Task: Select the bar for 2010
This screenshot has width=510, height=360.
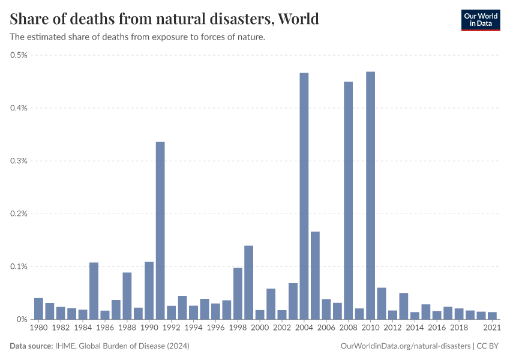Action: tap(370, 196)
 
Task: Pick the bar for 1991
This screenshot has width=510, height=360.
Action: tap(160, 230)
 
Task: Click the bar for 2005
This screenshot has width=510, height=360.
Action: tap(315, 275)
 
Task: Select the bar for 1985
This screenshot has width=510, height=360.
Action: tap(94, 291)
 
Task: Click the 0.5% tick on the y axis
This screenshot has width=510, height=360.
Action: tap(19, 55)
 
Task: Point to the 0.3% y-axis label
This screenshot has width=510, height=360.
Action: tap(19, 161)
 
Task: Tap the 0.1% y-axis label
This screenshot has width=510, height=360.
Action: tap(19, 266)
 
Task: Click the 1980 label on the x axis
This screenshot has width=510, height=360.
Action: tap(38, 328)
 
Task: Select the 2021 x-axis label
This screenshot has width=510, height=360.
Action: tap(492, 328)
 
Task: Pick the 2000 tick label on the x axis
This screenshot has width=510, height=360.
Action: tap(260, 328)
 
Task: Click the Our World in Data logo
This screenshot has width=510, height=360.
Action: tap(480, 20)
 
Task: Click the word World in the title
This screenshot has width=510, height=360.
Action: tap(298, 19)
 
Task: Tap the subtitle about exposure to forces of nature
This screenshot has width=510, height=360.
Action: tap(137, 37)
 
